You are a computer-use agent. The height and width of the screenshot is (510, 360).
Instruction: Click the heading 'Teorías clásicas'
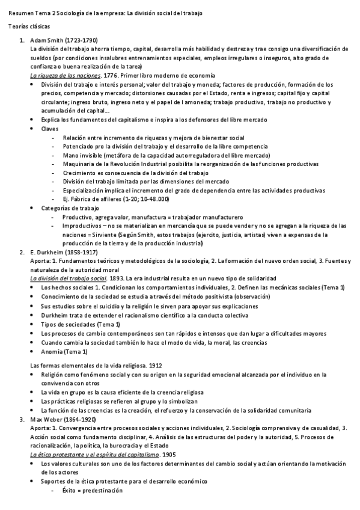tap(29, 28)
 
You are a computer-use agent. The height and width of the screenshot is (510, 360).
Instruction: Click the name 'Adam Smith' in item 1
tap(44, 40)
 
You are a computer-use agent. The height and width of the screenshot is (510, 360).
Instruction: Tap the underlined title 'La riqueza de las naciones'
tap(65, 76)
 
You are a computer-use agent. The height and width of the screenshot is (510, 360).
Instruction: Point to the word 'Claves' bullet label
tap(50, 129)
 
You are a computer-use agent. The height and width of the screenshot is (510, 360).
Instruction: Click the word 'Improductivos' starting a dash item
tap(81, 226)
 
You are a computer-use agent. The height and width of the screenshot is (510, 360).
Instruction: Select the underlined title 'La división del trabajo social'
tap(69, 279)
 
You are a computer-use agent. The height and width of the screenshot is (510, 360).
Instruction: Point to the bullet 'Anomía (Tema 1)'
tap(64, 351)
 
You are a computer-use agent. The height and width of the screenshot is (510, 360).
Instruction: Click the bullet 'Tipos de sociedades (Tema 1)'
tap(79, 324)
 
